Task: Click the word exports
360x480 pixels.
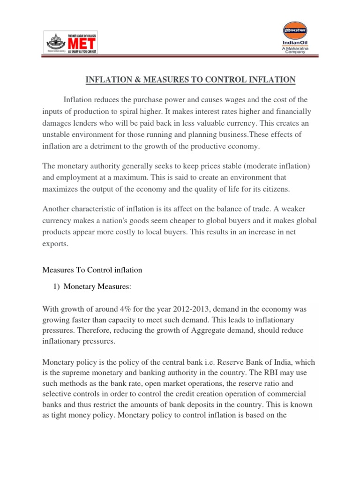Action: (x=55, y=244)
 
